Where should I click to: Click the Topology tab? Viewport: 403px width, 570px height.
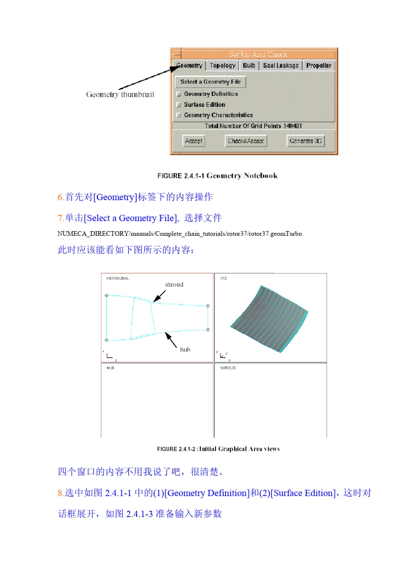(x=223, y=66)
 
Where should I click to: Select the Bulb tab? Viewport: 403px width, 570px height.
(x=249, y=66)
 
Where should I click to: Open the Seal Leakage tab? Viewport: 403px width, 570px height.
(x=280, y=66)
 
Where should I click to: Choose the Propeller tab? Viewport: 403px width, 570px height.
(x=319, y=66)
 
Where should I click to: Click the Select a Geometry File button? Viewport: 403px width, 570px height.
(x=210, y=82)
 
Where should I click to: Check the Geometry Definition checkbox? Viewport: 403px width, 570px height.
(x=179, y=94)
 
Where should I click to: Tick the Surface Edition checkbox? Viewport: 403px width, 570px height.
(x=179, y=105)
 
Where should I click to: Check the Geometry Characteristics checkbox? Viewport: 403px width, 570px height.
(x=179, y=115)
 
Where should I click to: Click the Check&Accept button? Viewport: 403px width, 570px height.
(x=246, y=141)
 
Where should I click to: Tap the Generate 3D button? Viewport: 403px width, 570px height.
(x=305, y=141)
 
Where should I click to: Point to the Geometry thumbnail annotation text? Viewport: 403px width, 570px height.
(x=120, y=95)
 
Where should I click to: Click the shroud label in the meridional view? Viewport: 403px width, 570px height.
(x=174, y=285)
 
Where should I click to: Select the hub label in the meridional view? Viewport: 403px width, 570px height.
(x=185, y=350)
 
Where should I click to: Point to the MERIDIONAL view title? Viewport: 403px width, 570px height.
(x=118, y=279)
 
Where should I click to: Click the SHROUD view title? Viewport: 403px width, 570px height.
(x=228, y=368)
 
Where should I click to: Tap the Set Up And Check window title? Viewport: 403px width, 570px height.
(x=258, y=54)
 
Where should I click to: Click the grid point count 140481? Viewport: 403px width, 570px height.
(x=293, y=126)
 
